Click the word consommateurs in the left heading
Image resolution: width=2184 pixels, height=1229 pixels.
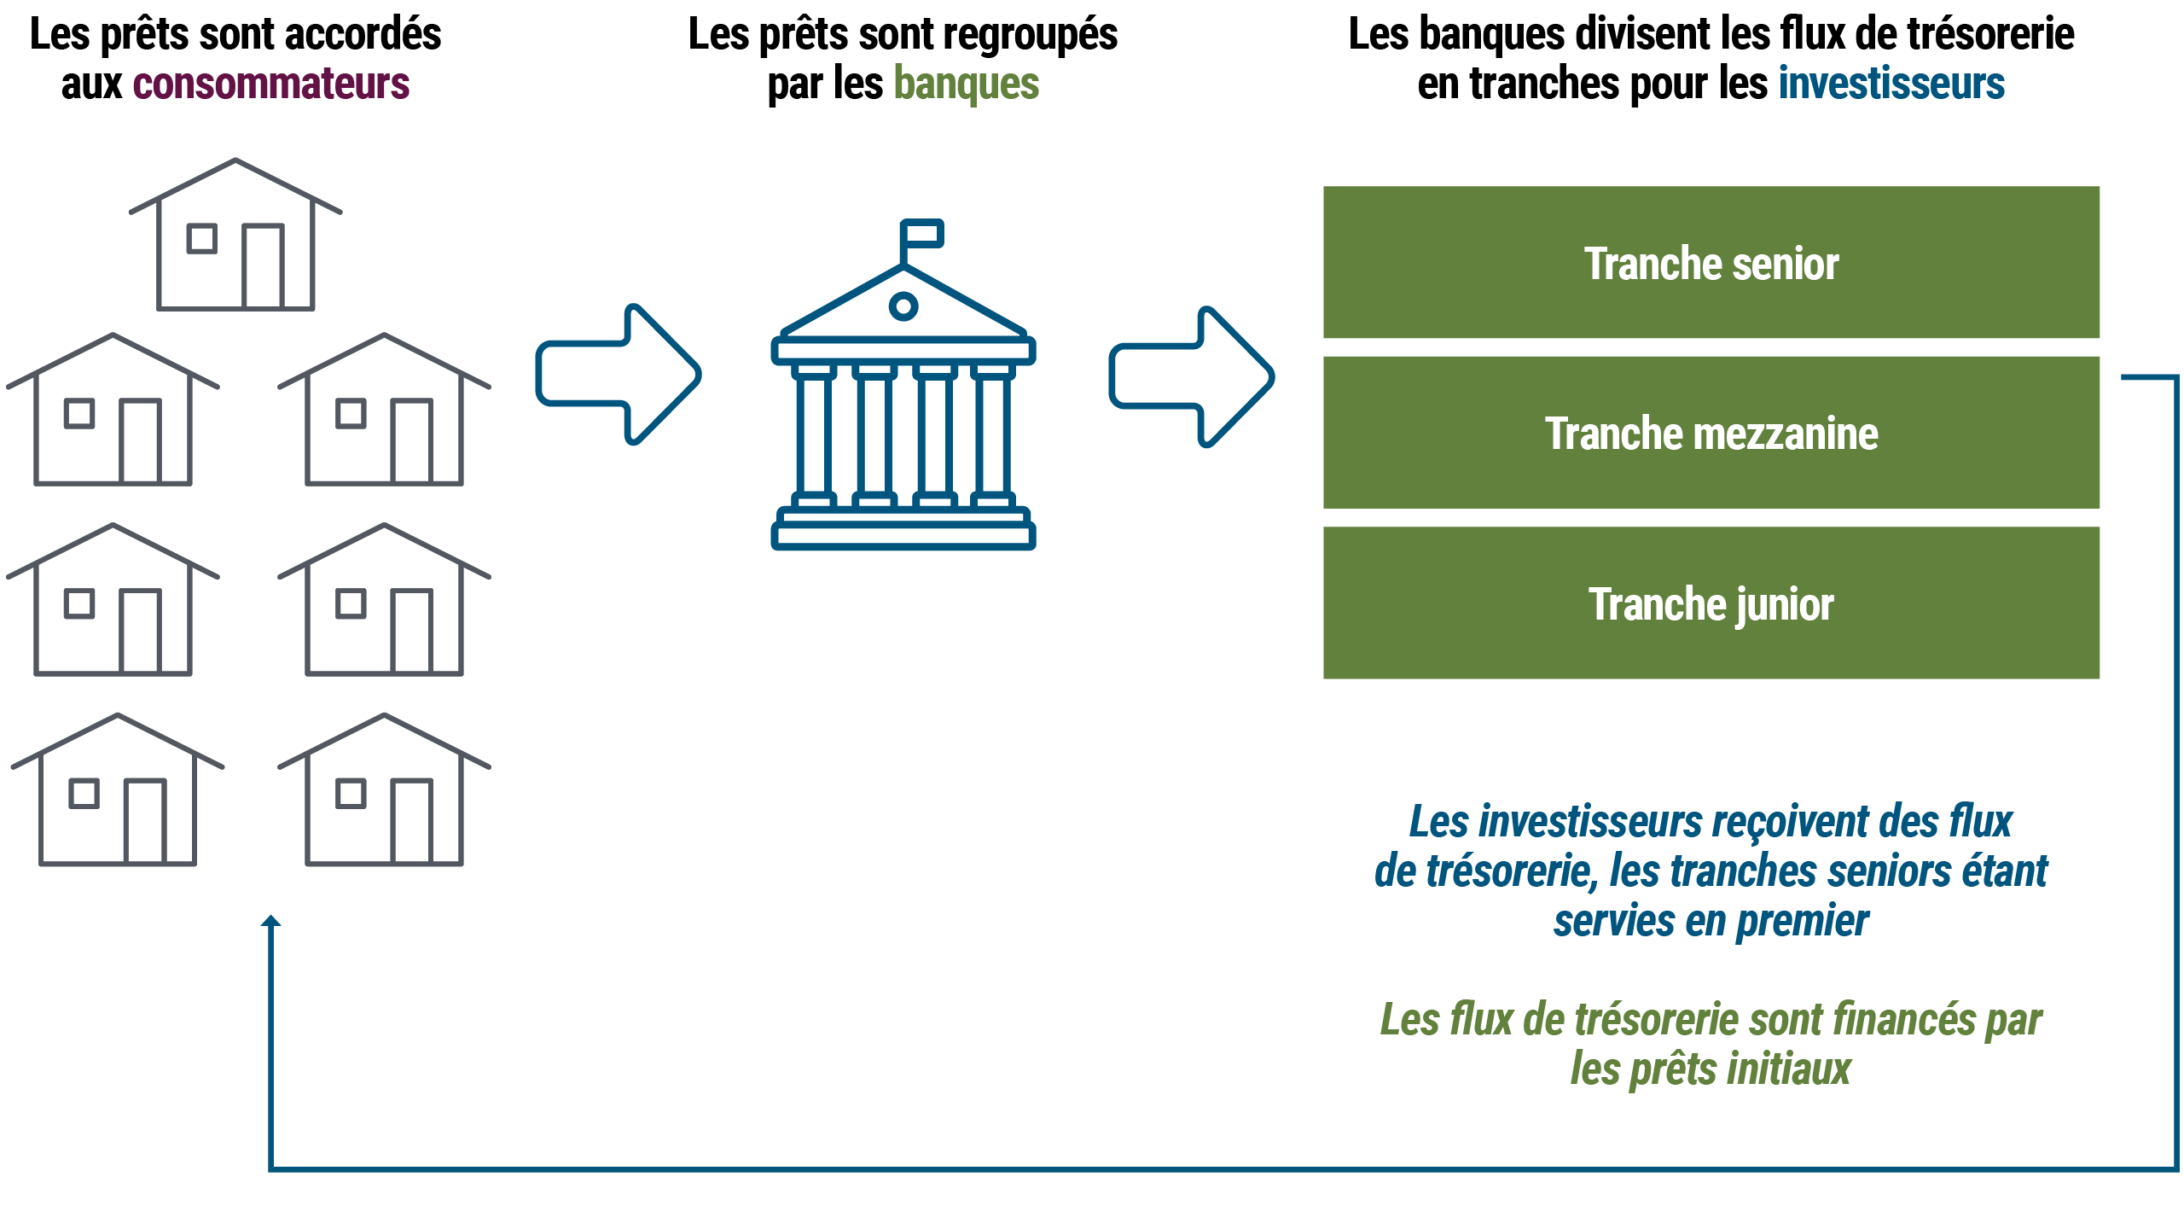(271, 84)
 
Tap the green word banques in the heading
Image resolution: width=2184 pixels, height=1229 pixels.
(967, 84)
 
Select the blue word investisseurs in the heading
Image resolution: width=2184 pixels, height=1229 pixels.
(1891, 84)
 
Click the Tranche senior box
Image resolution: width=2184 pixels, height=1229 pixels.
(1711, 263)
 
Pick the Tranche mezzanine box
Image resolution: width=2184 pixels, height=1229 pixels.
(1711, 433)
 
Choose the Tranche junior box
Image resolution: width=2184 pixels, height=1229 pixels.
(1711, 603)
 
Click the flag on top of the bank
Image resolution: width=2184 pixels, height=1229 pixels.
(923, 233)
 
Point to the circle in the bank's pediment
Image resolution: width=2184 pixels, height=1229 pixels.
(903, 306)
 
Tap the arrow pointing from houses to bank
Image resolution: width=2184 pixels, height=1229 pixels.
(619, 374)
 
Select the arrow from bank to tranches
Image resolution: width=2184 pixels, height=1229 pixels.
(1192, 376)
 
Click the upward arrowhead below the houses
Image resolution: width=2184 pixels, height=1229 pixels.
(271, 922)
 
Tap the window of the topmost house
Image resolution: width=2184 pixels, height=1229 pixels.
(201, 238)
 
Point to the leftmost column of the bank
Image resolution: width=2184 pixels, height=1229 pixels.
(814, 435)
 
